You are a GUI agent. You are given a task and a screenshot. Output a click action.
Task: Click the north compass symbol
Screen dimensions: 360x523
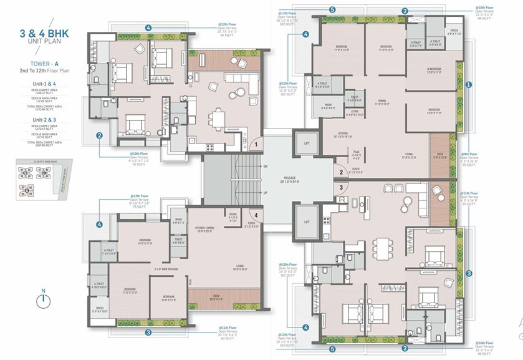click(42, 299)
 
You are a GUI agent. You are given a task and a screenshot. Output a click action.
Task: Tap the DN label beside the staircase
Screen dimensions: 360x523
click(266, 167)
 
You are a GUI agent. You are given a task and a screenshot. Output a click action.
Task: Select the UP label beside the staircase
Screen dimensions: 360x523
click(266, 193)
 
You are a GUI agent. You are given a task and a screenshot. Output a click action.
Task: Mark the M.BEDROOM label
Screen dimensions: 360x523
click(434, 70)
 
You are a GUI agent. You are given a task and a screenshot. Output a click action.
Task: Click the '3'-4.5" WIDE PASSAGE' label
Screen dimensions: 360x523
click(165, 270)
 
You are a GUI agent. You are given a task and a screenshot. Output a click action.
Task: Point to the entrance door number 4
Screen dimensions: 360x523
click(256, 216)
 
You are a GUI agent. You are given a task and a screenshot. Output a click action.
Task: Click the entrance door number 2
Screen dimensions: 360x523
click(341, 173)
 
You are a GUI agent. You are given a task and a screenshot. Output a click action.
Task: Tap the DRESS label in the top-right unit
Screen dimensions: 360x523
click(454, 32)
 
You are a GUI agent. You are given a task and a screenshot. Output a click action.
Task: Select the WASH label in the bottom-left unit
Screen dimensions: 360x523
click(178, 220)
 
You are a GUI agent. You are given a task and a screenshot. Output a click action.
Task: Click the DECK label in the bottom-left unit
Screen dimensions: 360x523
click(216, 296)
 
